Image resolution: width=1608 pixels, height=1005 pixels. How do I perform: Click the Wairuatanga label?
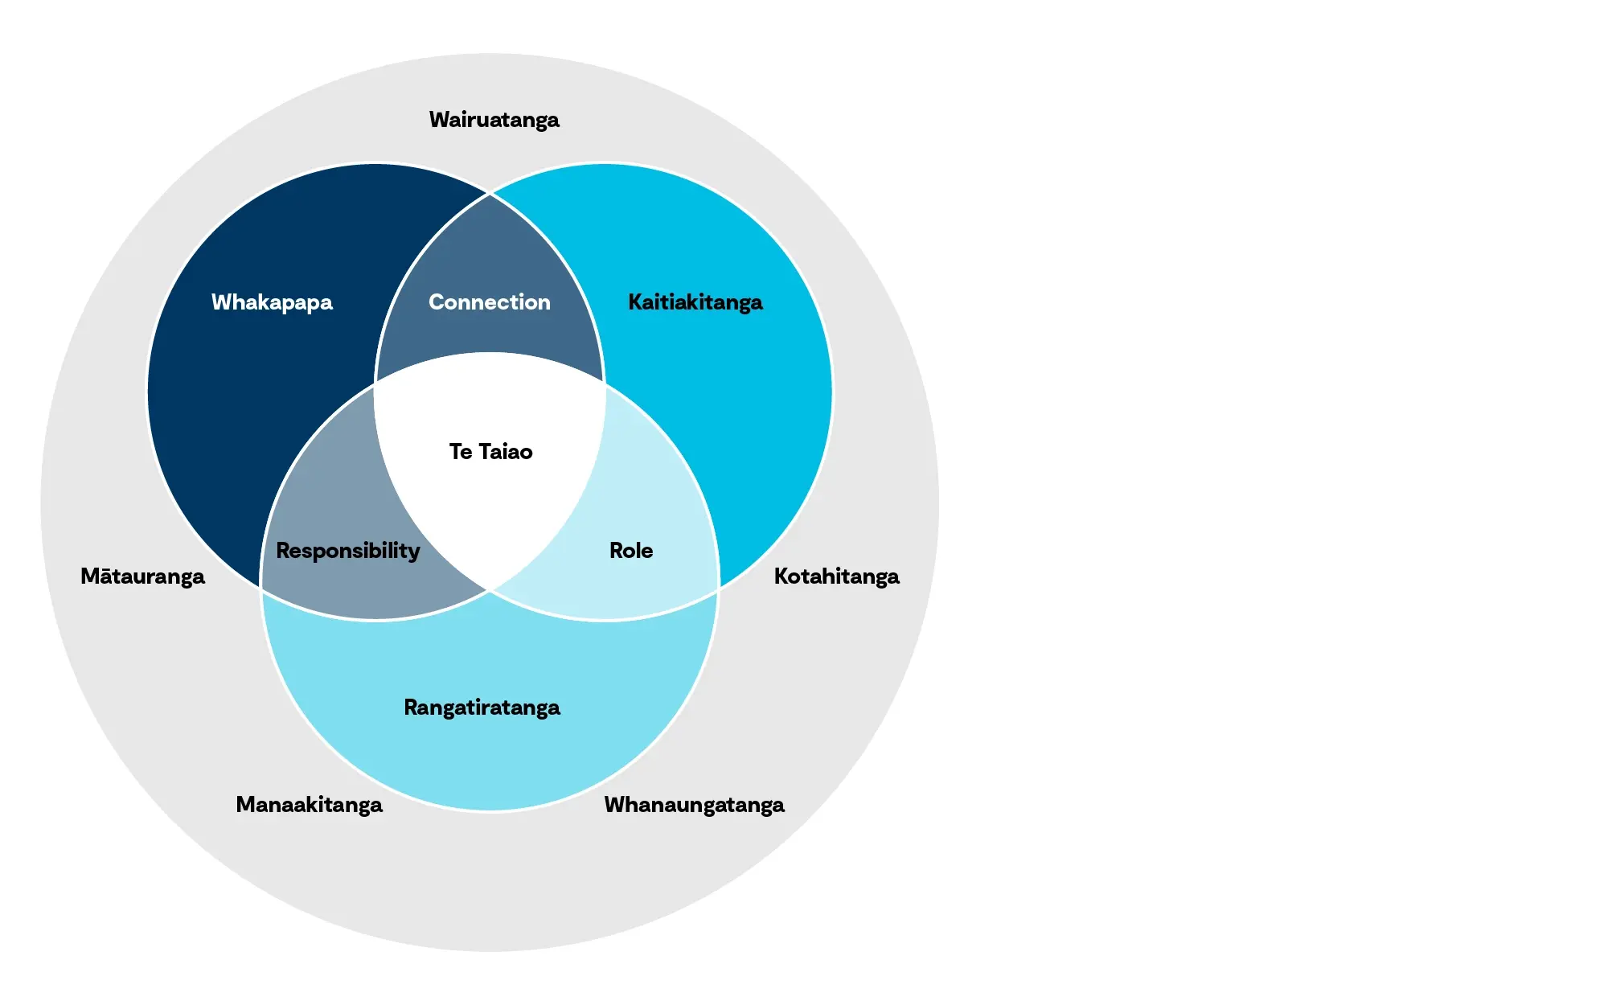494,120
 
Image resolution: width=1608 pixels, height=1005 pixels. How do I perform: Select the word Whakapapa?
272,302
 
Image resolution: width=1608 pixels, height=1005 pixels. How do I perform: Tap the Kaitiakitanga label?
695,302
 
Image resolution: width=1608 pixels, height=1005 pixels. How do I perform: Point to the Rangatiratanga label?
482,708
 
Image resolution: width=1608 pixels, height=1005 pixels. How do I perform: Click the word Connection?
489,302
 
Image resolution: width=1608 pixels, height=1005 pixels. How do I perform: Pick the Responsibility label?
347,551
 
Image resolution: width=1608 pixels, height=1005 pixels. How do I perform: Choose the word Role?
630,551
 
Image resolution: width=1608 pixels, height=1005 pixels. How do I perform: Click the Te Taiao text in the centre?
490,452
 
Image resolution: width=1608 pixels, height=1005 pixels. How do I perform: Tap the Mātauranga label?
142,576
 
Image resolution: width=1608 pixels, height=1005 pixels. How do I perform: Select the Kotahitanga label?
836,576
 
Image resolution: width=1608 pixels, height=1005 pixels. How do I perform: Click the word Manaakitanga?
309,805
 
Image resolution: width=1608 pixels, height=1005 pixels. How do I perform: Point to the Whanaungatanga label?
694,805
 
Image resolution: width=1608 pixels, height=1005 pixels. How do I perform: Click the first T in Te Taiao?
456,452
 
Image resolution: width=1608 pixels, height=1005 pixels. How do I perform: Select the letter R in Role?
616,551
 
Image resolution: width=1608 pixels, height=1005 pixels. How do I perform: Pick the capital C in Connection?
437,302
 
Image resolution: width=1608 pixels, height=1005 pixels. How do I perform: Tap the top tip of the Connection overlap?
490,195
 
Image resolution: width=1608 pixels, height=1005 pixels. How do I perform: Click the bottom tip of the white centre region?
490,590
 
